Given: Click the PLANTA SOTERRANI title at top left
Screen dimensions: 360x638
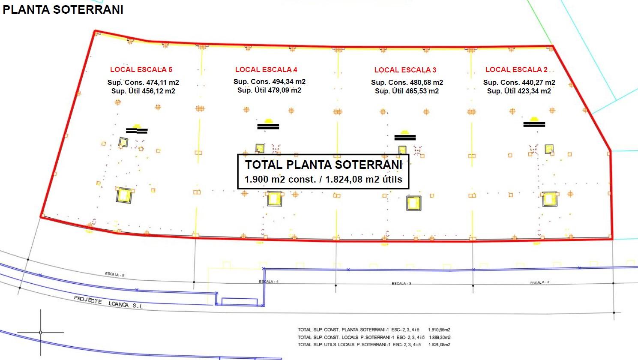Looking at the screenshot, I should [63, 10].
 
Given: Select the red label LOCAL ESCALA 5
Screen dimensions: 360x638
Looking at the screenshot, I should [141, 69].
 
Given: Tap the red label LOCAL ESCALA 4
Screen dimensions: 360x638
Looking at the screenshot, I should [266, 69].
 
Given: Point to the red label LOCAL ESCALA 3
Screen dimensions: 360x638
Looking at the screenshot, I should [405, 70].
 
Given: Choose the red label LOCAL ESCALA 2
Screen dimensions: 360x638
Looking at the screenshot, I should [516, 69].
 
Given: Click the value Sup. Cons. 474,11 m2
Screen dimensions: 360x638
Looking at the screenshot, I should [143, 82].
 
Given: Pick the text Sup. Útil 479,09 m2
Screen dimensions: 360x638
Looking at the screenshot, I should [269, 90].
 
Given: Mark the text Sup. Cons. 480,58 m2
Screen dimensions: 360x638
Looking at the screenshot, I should [407, 82].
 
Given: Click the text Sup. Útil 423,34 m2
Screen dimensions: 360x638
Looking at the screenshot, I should [519, 91].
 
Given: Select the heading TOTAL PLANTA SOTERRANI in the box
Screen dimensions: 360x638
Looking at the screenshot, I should [323, 165].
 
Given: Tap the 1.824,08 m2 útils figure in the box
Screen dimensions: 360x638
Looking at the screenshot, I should [364, 179].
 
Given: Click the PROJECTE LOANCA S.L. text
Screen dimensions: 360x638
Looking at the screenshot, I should [110, 302].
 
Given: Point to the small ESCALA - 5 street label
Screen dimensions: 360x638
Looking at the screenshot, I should [114, 274].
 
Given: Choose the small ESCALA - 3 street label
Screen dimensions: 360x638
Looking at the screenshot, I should [401, 283].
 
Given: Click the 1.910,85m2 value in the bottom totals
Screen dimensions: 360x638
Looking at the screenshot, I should [439, 330].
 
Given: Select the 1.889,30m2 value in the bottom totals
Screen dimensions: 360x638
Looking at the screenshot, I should [439, 337].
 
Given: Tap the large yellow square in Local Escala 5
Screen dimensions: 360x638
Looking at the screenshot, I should [124, 195].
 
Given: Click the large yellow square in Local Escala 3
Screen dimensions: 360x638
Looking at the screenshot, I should [413, 203].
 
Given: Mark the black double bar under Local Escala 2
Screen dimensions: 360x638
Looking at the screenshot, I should [534, 124].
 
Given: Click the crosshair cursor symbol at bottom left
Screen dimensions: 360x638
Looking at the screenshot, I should [41, 332].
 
